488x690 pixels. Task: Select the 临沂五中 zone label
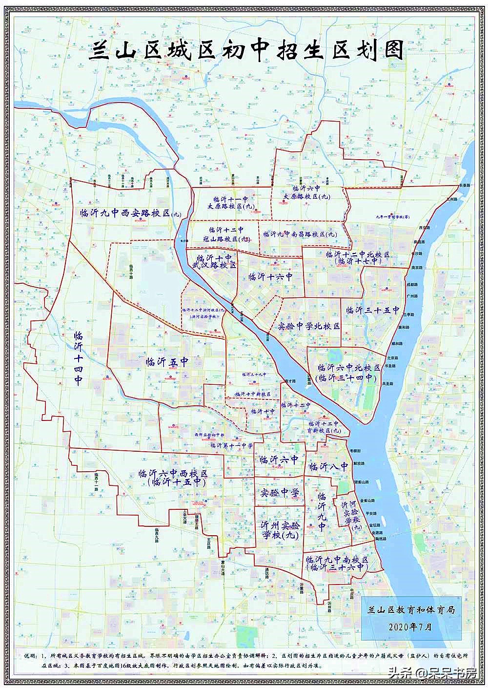[x=167, y=362]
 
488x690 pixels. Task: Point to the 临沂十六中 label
[x=270, y=277]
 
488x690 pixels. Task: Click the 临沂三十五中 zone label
[x=372, y=310]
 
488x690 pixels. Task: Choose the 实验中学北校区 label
[x=308, y=326]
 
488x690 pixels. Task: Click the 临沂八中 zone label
[x=328, y=466]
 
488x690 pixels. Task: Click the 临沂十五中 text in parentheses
[x=176, y=482]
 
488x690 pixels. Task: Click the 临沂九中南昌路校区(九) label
[x=300, y=234]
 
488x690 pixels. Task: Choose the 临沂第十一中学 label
[x=231, y=445]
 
